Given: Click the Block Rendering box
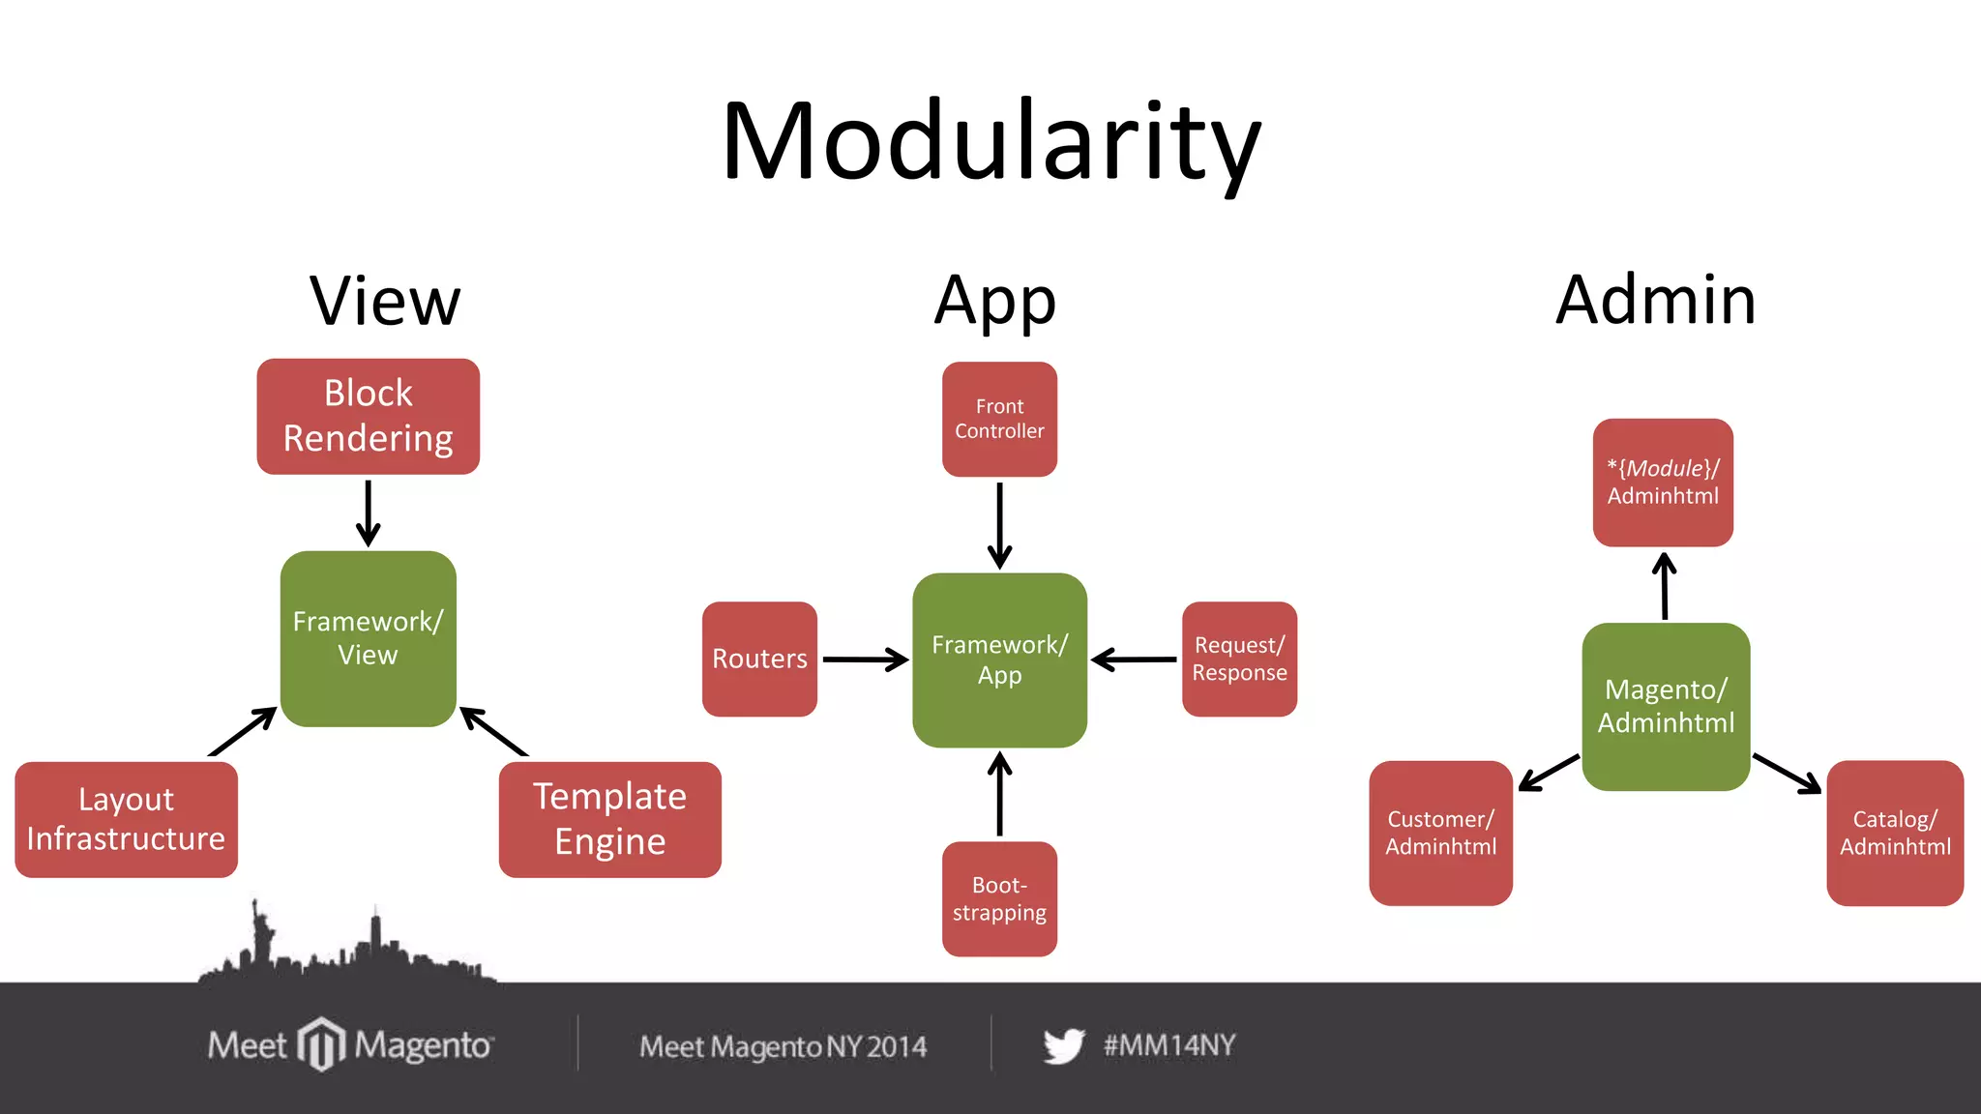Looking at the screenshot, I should tap(368, 416).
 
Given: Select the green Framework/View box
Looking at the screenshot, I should tap(368, 638).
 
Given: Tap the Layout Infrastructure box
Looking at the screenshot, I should tap(126, 819).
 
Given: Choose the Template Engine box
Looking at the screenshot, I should tap(609, 819).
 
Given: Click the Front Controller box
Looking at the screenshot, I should tap(999, 419).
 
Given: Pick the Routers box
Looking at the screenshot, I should tap(759, 659).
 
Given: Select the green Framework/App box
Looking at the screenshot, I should tap(999, 660).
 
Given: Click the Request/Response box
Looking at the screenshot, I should tap(1239, 659).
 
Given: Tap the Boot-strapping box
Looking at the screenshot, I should tap(999, 898).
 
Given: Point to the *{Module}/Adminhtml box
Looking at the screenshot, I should tap(1663, 482).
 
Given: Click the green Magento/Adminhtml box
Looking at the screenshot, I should tap(1666, 706).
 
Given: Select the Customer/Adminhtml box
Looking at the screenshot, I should tap(1440, 833).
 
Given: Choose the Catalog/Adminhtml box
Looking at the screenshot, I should tap(1895, 833).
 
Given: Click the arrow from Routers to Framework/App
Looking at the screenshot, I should tap(864, 660).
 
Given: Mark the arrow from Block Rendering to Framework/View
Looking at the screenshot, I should tap(368, 513).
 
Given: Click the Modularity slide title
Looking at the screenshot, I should tap(990, 142).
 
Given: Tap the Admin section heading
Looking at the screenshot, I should tap(1655, 300).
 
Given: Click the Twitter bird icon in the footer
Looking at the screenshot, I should tap(1063, 1045).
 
